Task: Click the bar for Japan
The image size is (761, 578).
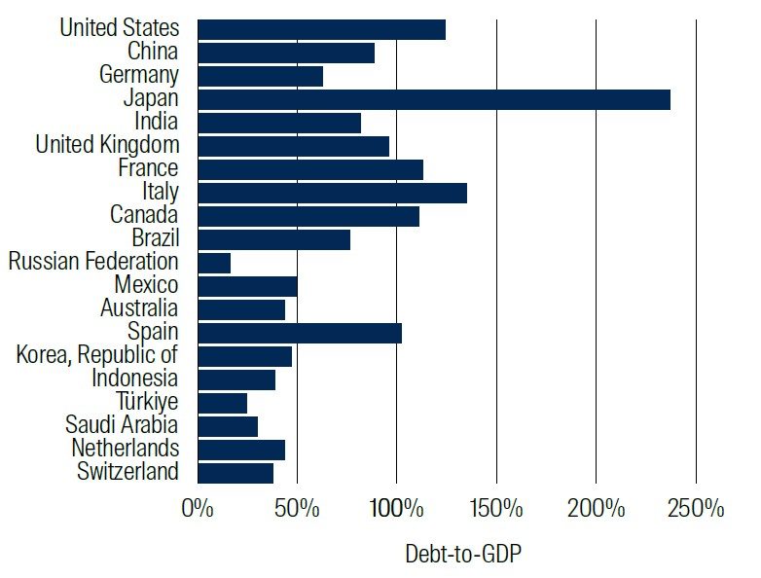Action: pos(433,99)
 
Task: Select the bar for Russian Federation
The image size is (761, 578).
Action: pos(214,263)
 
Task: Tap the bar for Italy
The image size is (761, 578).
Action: pos(332,193)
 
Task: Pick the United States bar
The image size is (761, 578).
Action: pos(321,29)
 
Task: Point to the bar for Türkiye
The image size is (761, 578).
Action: pos(222,403)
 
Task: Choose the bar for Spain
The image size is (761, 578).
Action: pos(300,333)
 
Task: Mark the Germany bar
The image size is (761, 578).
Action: pos(260,76)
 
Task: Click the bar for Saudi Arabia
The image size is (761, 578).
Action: pos(228,426)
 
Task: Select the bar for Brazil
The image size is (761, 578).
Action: pos(273,239)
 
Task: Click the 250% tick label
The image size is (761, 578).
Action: pos(697,509)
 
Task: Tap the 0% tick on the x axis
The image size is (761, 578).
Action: pos(198,509)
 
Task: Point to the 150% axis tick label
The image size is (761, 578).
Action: pos(496,509)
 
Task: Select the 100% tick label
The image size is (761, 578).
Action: pos(396,509)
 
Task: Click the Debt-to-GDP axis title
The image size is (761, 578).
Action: pos(463,554)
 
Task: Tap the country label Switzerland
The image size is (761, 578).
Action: pos(127,472)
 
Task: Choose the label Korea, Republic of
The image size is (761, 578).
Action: pos(97,355)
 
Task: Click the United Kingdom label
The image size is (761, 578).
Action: pos(107,145)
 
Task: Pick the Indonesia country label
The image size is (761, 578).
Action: pos(135,379)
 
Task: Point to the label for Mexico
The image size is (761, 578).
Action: pos(146,285)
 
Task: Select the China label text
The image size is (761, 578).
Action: pos(153,52)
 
